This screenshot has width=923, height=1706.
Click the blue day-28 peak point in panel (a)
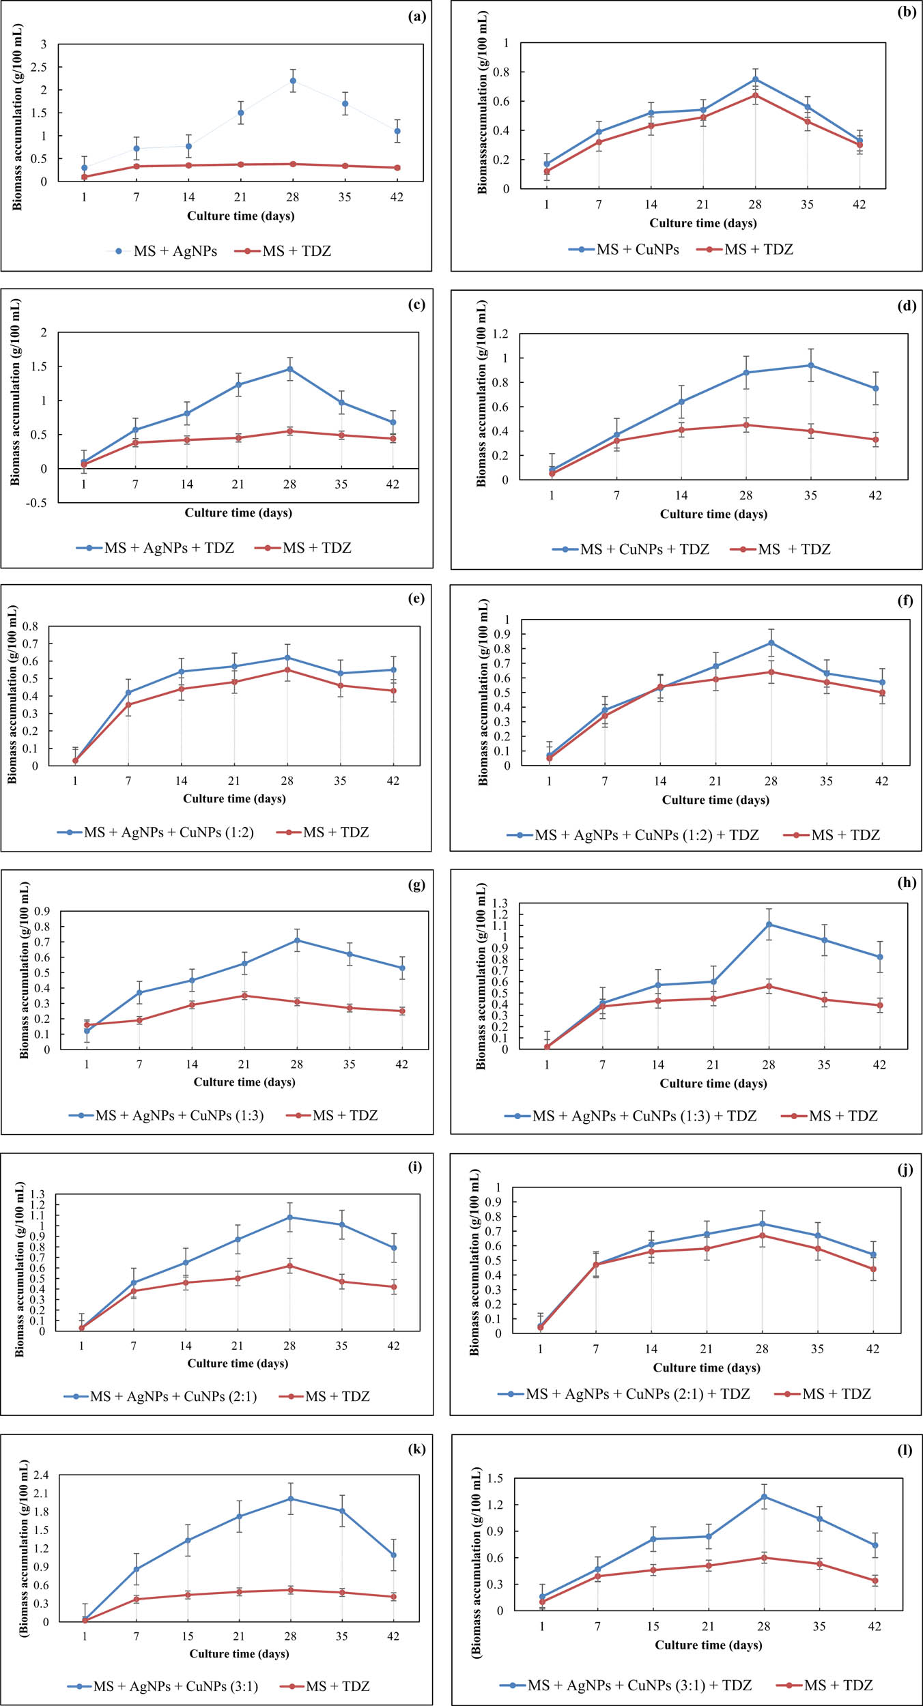point(293,81)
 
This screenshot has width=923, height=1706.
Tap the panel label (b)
point(907,12)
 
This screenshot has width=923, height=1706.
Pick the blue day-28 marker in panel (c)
point(290,369)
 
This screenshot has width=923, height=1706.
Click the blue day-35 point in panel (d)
point(811,365)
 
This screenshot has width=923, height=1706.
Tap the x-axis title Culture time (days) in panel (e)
point(234,798)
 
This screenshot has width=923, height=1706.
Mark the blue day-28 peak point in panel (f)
point(771,643)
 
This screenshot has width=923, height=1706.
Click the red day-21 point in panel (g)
point(244,996)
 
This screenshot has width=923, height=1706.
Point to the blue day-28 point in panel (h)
point(769,925)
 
